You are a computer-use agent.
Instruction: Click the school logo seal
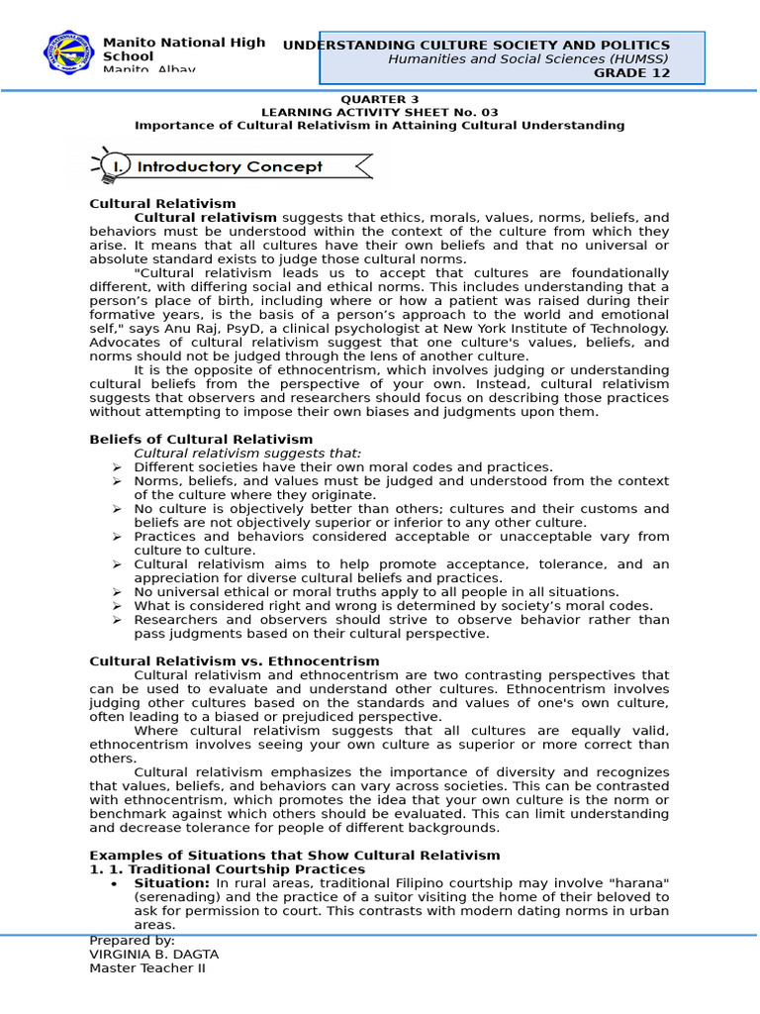tap(70, 53)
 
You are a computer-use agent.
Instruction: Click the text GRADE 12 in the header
tap(631, 72)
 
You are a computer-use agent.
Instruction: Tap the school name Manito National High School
tap(183, 50)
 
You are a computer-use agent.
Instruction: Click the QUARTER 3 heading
tap(379, 100)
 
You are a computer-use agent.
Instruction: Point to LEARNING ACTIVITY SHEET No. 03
tap(379, 113)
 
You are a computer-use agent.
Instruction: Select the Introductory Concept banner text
tap(230, 166)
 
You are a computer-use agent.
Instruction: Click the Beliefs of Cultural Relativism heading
tap(201, 440)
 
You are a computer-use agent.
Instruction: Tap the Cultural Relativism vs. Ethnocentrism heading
tap(234, 661)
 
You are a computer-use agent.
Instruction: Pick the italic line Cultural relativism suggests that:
tap(247, 454)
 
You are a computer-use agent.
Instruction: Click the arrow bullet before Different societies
tap(116, 467)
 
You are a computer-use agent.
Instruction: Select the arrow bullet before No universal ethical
tap(116, 592)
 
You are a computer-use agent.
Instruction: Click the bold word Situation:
tap(171, 883)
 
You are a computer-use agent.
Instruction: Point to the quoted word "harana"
tap(632, 883)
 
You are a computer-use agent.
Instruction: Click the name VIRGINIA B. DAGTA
tap(153, 955)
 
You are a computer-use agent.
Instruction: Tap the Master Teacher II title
tap(146, 968)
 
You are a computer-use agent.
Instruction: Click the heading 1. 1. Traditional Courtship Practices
tap(227, 869)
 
